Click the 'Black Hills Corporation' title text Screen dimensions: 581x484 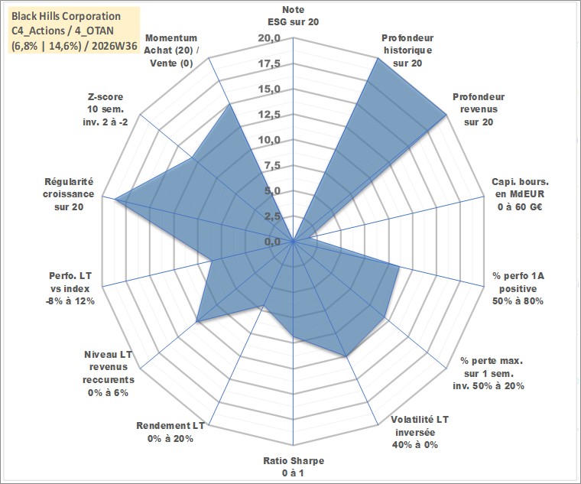coord(67,16)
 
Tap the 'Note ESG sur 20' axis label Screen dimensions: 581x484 coord(293,15)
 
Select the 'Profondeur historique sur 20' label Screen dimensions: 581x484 coord(407,50)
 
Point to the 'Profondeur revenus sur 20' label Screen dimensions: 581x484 coord(479,109)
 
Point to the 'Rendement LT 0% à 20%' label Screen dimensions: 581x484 coord(170,432)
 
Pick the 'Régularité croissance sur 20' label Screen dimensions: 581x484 coord(69,194)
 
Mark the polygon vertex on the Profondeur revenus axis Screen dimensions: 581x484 coord(446,115)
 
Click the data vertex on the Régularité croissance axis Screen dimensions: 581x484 coord(115,199)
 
